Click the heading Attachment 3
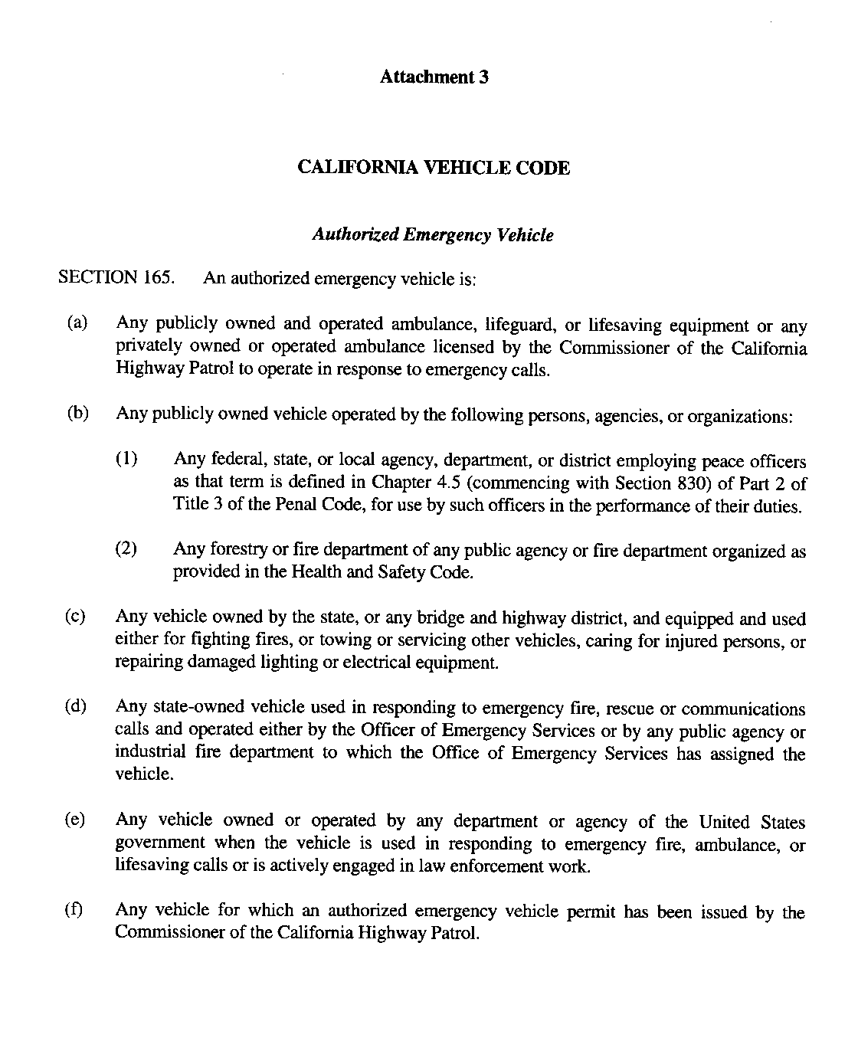point(434,77)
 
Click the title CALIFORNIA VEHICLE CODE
point(433,168)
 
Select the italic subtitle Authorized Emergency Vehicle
point(433,235)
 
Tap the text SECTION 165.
point(116,277)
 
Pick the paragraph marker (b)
point(77,414)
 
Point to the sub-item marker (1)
point(126,460)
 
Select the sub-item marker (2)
point(126,549)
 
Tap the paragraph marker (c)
point(77,617)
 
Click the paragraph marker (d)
point(77,706)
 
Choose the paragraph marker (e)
point(77,820)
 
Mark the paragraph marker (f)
point(76,910)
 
